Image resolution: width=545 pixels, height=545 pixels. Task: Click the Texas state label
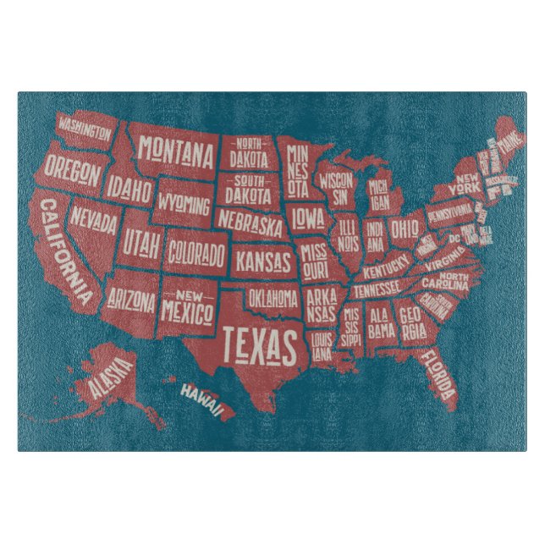coord(261,344)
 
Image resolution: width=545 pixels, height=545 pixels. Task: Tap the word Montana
coord(176,153)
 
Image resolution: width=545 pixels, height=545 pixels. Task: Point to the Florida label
coord(438,372)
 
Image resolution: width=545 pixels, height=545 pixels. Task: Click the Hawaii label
coord(201,399)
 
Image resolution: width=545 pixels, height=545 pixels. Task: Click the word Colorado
coord(196,252)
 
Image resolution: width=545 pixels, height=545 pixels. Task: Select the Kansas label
coord(262,260)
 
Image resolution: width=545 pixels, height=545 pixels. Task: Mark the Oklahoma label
coord(273,298)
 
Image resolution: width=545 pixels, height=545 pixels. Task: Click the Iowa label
coord(308,218)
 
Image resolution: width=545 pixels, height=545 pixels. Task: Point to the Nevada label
coord(94,217)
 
